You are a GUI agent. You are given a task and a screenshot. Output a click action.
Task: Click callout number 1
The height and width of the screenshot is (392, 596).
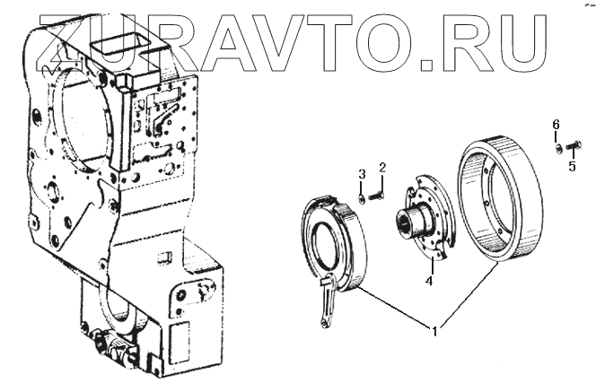(434, 331)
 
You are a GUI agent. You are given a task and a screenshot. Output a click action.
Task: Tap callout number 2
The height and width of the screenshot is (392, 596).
(382, 168)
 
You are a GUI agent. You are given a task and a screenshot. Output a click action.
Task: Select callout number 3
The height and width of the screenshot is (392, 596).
(362, 174)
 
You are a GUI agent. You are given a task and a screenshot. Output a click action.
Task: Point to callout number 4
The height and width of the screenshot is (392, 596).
(429, 282)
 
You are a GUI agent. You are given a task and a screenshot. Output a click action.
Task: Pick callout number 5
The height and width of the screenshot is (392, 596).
(572, 166)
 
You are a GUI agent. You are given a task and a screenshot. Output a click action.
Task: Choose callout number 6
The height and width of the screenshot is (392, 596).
(556, 124)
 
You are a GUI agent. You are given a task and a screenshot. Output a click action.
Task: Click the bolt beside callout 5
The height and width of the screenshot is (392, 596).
(572, 145)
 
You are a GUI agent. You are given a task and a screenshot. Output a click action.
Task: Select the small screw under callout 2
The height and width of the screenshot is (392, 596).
(376, 196)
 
